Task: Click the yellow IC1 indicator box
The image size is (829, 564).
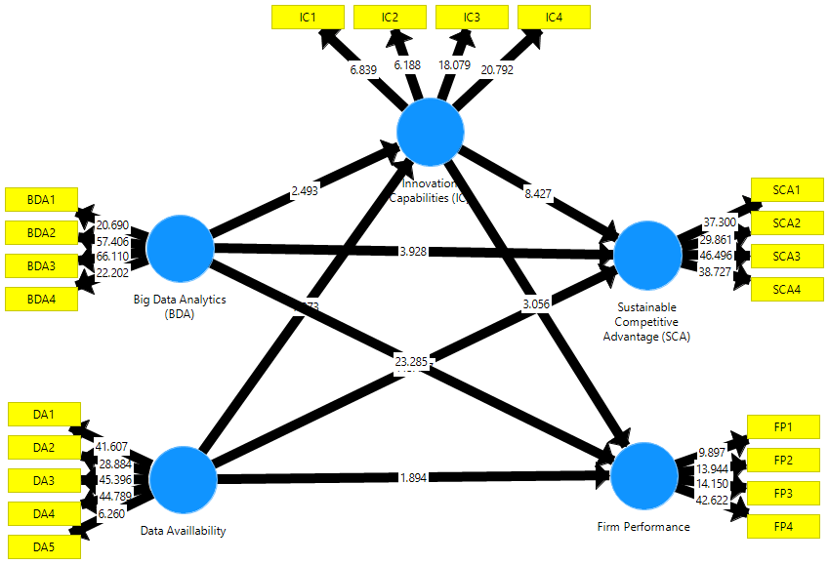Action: (309, 17)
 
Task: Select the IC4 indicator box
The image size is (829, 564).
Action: (553, 17)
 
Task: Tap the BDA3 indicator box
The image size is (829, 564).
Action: (41, 265)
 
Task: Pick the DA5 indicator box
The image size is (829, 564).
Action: (42, 546)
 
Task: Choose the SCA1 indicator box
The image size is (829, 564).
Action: (786, 190)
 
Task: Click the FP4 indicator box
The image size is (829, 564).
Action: (783, 526)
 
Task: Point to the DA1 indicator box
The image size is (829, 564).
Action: (43, 414)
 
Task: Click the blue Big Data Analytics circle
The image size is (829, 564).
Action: (181, 247)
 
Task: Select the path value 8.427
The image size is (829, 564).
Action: (536, 193)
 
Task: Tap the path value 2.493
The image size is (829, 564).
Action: (304, 191)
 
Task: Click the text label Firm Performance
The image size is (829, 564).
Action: (643, 527)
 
